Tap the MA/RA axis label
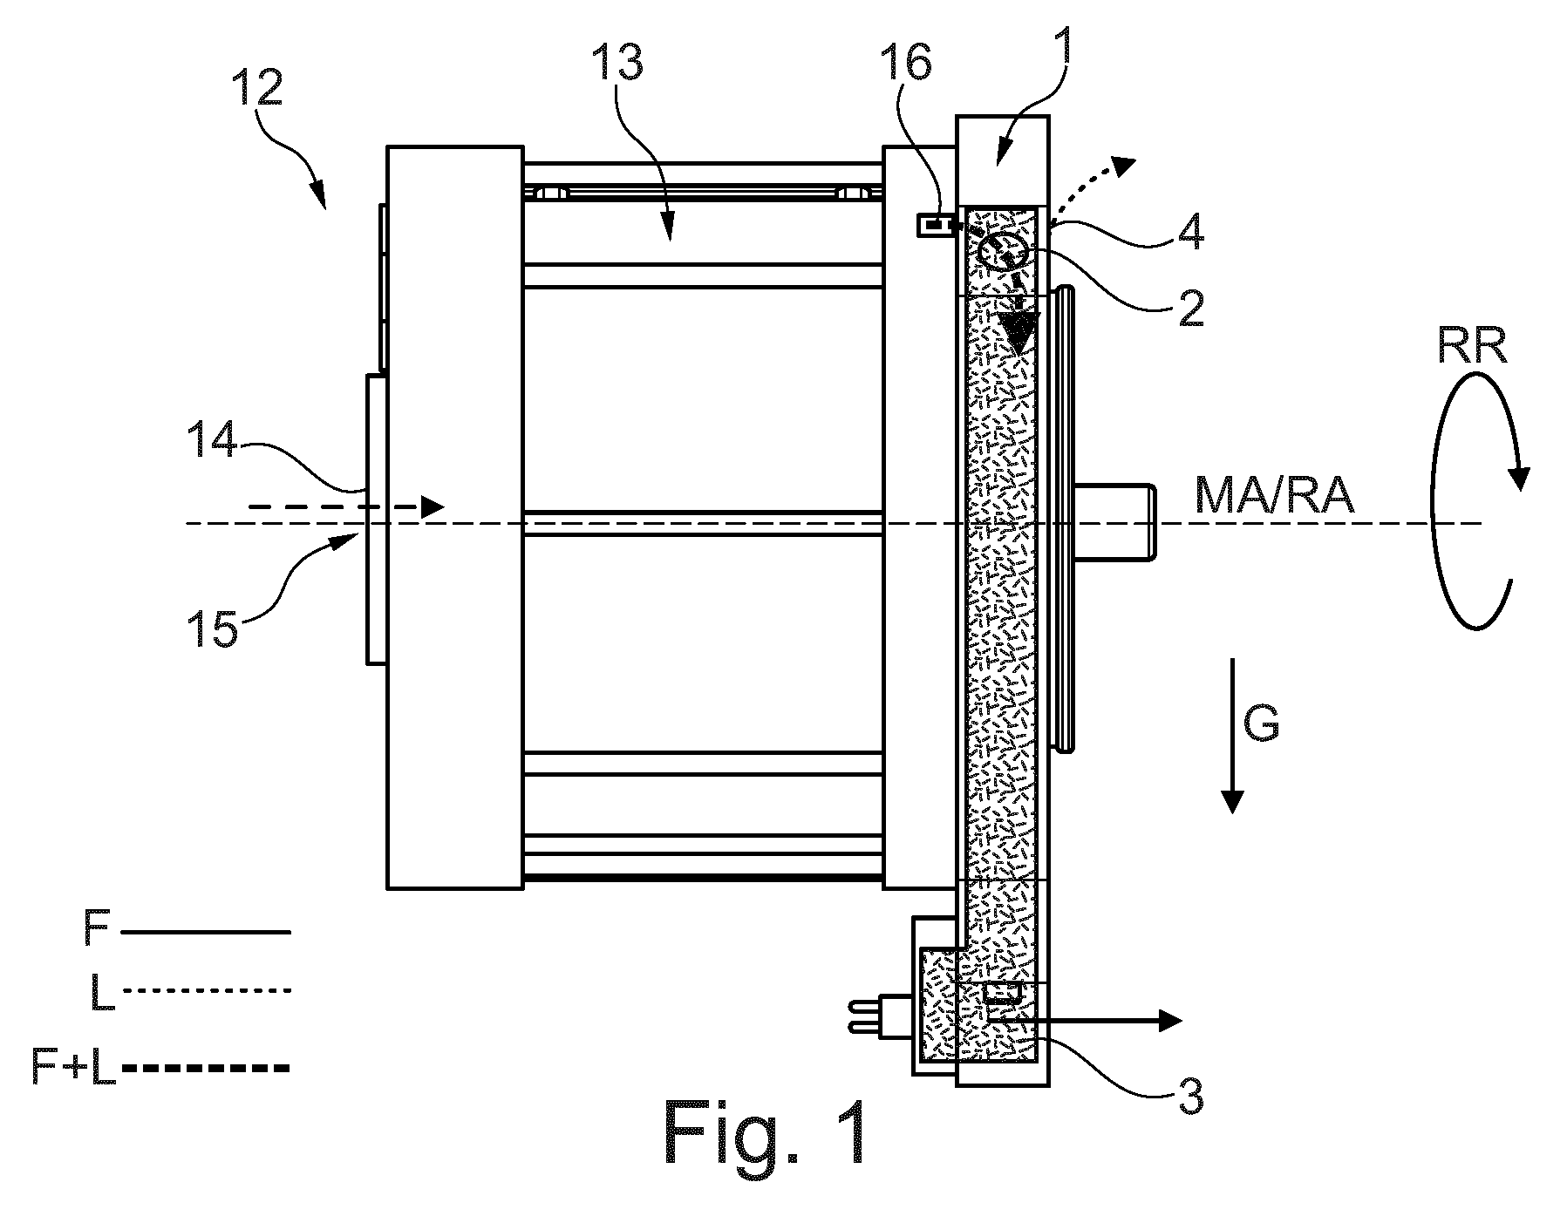click(1275, 496)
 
